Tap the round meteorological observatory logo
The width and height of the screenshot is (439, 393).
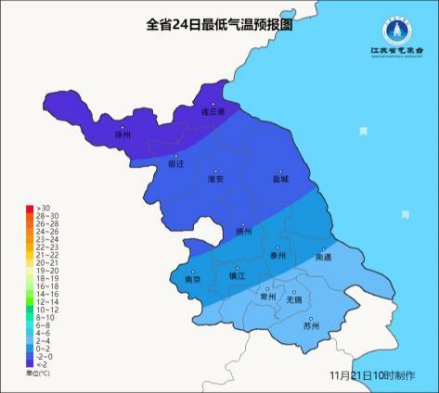pyautogui.click(x=398, y=33)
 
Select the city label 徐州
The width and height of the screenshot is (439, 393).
pyautogui.click(x=123, y=135)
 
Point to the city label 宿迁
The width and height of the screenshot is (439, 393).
pyautogui.click(x=175, y=163)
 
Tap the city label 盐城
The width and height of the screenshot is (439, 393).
pyautogui.click(x=281, y=179)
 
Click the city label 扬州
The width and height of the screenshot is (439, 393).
pyautogui.click(x=243, y=233)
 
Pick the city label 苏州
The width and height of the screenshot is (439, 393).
pyautogui.click(x=311, y=326)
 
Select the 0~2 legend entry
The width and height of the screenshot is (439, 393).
pyautogui.click(x=43, y=348)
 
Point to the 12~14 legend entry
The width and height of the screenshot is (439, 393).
pyautogui.click(x=46, y=302)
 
